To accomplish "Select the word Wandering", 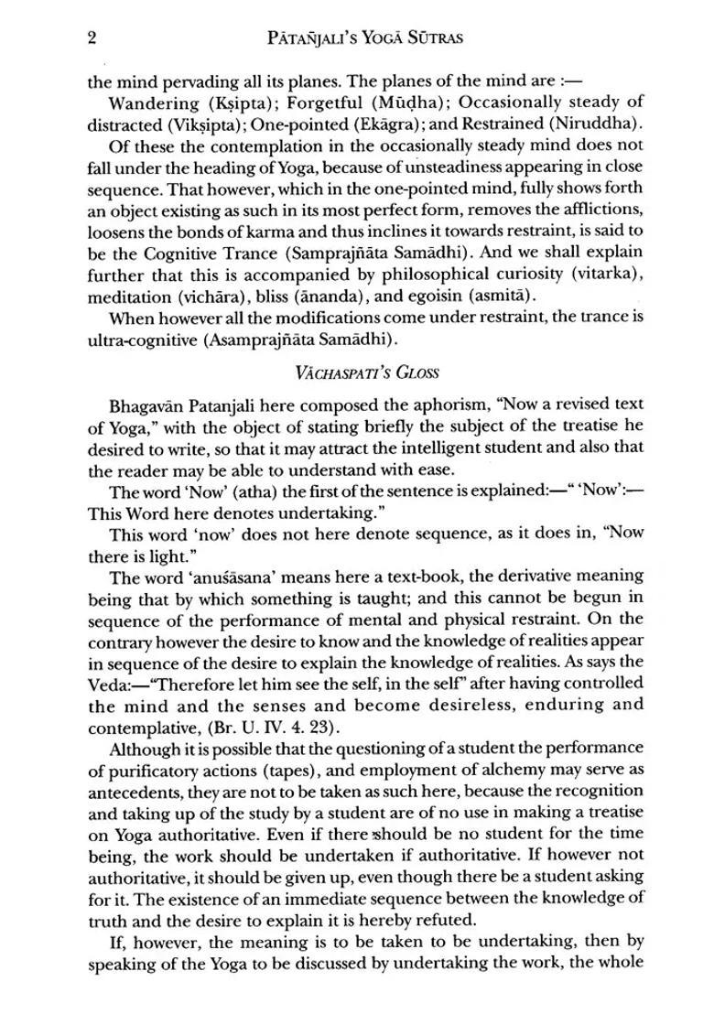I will pos(150,102).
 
